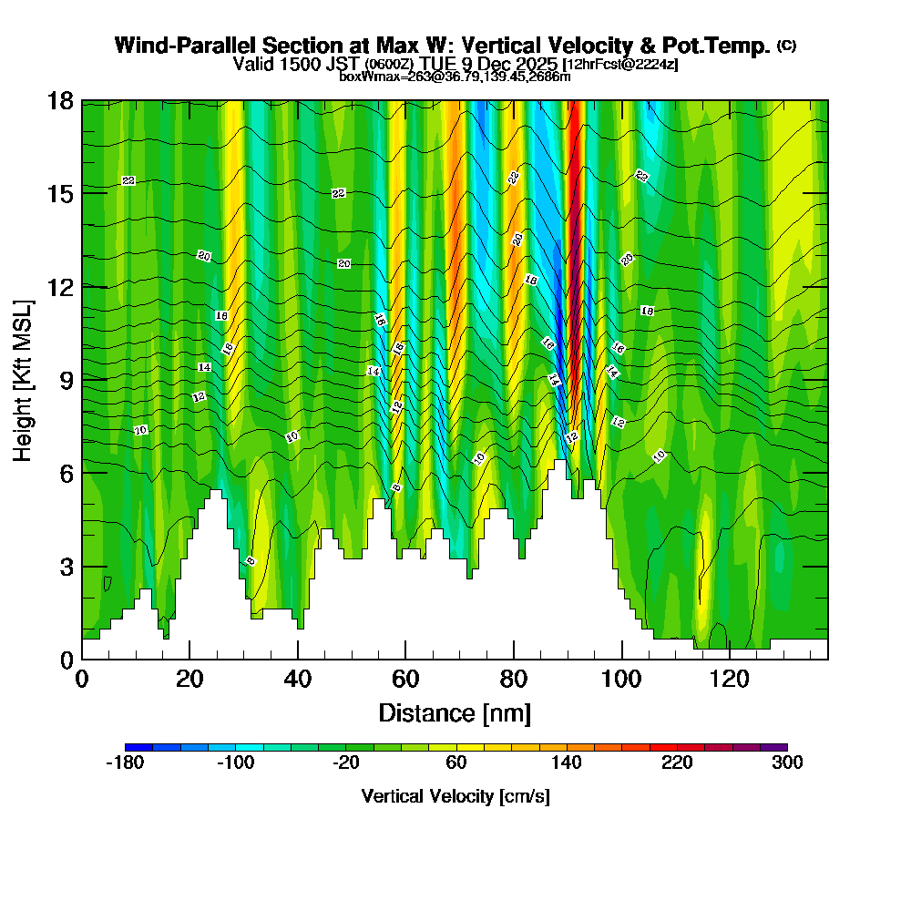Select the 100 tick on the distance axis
[622, 679]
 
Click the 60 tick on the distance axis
[405, 679]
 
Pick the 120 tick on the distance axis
[730, 679]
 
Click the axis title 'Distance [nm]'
[455, 712]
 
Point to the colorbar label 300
[787, 763]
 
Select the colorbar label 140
[567, 763]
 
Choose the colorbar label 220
[677, 763]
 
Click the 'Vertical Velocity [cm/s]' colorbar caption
[455, 796]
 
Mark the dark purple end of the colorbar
[780, 747]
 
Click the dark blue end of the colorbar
[132, 747]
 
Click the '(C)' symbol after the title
[786, 46]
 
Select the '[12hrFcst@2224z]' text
[620, 65]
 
